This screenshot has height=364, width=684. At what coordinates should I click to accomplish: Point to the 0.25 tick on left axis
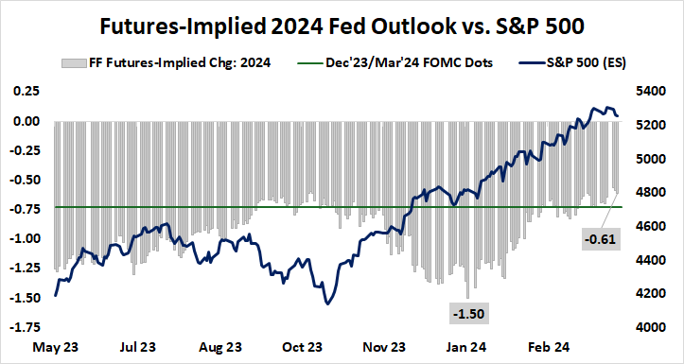[26, 92]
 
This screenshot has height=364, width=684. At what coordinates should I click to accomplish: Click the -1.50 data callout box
[467, 312]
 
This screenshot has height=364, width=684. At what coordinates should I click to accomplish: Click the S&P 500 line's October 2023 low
[327, 303]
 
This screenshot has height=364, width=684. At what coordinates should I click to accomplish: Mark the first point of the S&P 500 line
[56, 295]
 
